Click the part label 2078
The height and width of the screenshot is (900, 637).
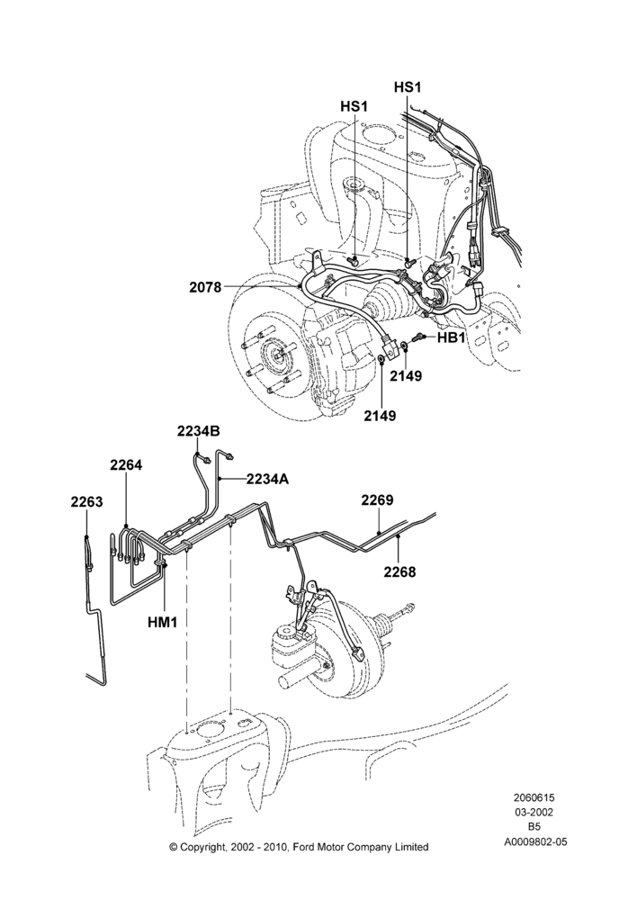pos(205,287)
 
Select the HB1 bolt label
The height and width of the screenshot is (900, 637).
pos(451,337)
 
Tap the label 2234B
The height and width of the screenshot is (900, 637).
pos(199,432)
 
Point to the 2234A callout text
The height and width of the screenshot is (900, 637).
pos(267,478)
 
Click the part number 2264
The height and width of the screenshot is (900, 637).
pos(126,465)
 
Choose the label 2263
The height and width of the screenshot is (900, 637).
pos(86,501)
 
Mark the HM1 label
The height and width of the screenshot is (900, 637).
pos(164,621)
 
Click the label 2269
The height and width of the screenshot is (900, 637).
pos(378,499)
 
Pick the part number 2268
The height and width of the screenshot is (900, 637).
pos(399,571)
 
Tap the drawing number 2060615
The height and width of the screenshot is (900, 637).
pos(534,797)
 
